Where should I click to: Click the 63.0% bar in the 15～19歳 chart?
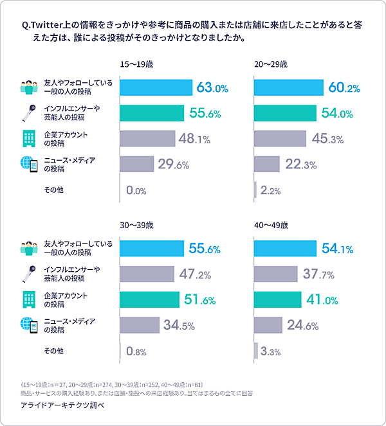tap(156, 87)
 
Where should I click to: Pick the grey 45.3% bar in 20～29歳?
tap(280, 139)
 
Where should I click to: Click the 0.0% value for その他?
tap(137, 190)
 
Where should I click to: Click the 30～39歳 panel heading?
tap(137, 226)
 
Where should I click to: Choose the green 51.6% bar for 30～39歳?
tap(150, 299)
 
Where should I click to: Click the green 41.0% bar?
tap(278, 299)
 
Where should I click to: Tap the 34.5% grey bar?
tap(140, 325)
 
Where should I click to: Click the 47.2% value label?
tap(196, 274)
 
